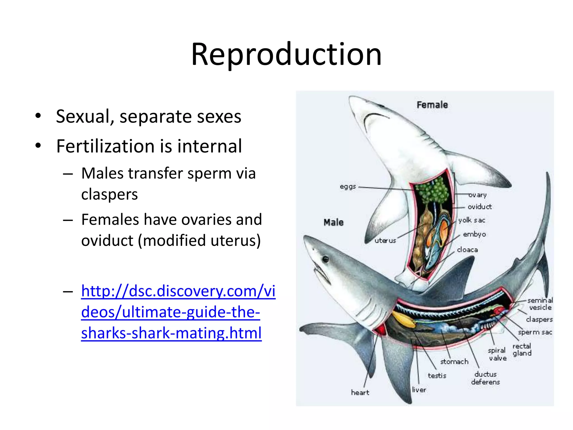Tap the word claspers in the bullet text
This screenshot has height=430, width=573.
(109, 194)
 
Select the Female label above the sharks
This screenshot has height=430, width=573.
(432, 105)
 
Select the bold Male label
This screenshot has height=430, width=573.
(334, 222)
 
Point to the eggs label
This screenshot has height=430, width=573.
(348, 186)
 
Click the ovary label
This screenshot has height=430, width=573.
(478, 195)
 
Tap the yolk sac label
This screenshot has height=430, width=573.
(471, 220)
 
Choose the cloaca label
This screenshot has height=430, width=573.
(467, 249)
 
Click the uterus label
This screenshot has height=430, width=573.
(385, 240)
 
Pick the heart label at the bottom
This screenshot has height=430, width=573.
(360, 392)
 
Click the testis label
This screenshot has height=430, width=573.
(437, 375)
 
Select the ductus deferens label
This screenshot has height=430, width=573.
(485, 378)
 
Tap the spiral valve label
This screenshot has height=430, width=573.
(497, 354)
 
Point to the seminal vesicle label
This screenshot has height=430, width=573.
(540, 304)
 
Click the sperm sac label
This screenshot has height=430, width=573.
(535, 332)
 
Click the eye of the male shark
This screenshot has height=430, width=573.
(325, 259)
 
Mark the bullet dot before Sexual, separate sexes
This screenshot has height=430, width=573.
(38, 116)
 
